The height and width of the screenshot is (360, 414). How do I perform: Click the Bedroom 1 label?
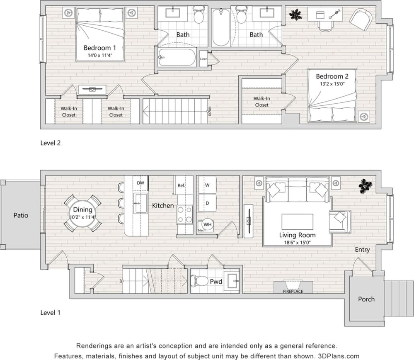tap(100, 48)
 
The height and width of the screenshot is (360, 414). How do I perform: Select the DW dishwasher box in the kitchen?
tap(140, 183)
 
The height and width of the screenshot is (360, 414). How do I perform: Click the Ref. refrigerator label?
tap(181, 186)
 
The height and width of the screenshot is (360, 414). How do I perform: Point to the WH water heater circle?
tap(208, 225)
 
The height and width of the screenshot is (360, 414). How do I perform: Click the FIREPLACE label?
tap(293, 291)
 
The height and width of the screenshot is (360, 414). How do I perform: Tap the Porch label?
tap(366, 299)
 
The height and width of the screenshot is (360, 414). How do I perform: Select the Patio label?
tap(21, 215)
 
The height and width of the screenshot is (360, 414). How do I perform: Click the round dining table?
tap(82, 213)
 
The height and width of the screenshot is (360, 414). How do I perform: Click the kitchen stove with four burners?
tap(184, 214)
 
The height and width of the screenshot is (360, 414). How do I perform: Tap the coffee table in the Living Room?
tap(297, 222)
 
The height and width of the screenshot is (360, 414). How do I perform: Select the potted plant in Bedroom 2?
tap(295, 15)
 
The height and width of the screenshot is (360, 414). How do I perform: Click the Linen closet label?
tap(203, 59)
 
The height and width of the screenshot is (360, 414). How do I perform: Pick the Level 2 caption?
tap(51, 143)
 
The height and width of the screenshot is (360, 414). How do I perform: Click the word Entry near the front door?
tap(362, 250)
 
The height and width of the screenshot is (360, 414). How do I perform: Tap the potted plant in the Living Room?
tap(365, 186)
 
